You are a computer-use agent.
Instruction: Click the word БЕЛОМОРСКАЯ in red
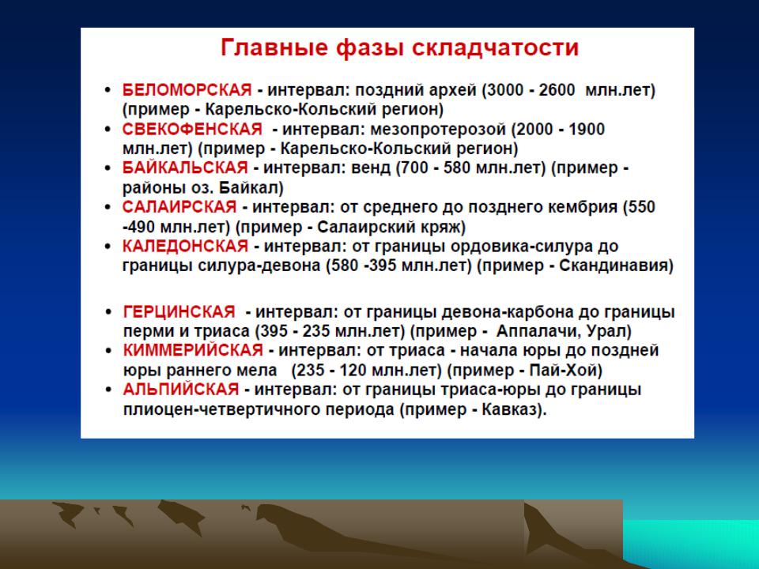point(187,90)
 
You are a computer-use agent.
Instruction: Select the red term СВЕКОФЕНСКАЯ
point(192,129)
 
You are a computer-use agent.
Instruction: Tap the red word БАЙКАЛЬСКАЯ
point(185,168)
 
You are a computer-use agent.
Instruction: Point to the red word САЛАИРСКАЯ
point(179,207)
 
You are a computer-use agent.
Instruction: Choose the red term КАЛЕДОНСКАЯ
point(185,247)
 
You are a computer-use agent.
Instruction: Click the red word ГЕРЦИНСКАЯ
point(179,311)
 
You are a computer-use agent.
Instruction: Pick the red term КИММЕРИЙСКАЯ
point(193,350)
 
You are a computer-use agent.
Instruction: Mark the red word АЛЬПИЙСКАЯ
point(181,390)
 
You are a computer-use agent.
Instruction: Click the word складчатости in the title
point(495,48)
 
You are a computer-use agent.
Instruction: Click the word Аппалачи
point(538,332)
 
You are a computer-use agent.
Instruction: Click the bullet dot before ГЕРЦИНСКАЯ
point(108,313)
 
